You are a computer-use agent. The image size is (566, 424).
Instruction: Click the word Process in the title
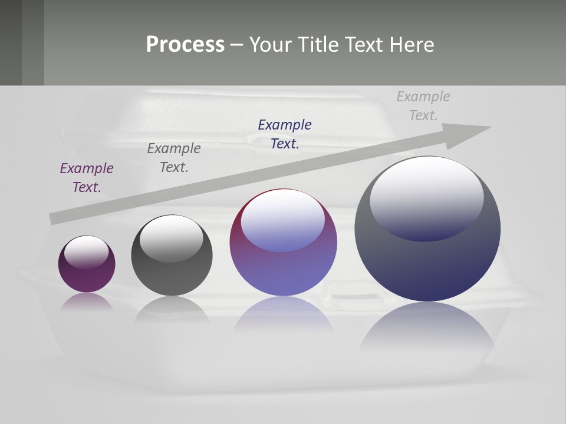(x=185, y=45)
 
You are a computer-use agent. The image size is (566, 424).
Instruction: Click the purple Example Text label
(x=86, y=177)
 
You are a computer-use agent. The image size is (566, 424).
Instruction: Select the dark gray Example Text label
(x=173, y=157)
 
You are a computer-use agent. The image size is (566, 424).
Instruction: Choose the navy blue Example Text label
(x=284, y=134)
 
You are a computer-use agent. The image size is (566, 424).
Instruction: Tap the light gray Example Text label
(x=423, y=105)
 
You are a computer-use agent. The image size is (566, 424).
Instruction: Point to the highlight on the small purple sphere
(x=86, y=251)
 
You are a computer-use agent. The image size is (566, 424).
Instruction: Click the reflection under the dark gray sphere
(x=172, y=309)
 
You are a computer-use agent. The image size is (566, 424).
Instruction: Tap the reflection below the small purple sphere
(x=87, y=302)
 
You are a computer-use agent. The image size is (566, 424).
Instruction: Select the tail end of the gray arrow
(x=54, y=218)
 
